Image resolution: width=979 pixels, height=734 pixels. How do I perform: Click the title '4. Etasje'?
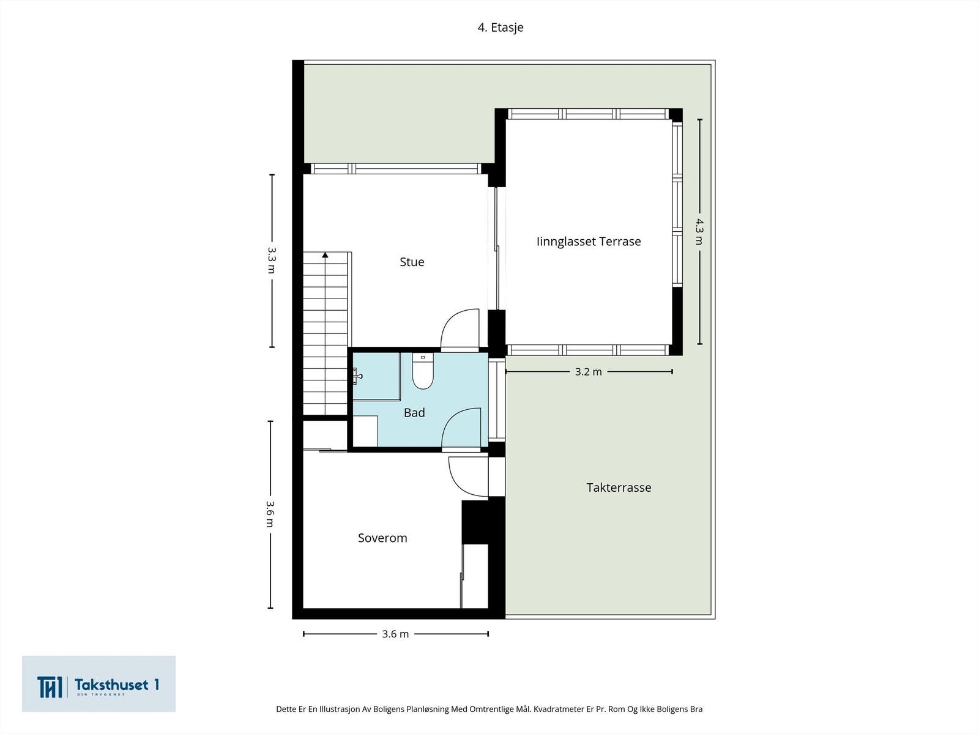(x=501, y=28)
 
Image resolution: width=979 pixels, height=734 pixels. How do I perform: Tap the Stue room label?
(x=412, y=262)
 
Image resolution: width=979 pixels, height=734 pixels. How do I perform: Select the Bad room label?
(x=414, y=413)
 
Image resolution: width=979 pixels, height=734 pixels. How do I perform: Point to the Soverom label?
(x=382, y=538)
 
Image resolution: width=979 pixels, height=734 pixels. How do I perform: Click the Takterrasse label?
(x=619, y=487)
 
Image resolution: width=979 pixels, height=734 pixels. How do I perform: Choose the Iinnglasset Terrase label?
(x=589, y=242)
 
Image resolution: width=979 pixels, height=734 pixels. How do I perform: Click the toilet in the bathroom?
(x=423, y=372)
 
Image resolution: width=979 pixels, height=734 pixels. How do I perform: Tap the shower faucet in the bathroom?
(x=356, y=376)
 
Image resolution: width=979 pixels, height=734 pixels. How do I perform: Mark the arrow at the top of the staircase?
(x=326, y=254)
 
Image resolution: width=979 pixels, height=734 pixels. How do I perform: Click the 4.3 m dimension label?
(x=699, y=231)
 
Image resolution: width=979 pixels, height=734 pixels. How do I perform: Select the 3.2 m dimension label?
(x=588, y=372)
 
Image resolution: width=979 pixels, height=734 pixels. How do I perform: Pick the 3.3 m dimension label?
(x=272, y=260)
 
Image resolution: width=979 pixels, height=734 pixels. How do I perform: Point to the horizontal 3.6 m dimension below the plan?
(x=395, y=634)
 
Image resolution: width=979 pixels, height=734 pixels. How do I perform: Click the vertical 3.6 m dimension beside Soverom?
(x=270, y=514)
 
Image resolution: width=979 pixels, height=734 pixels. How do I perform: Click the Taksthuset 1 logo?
(x=99, y=684)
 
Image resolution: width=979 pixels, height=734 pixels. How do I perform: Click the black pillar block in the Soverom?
(x=475, y=522)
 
